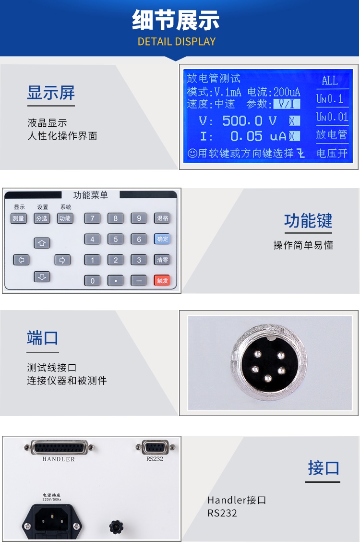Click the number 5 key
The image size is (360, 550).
pos(116,239)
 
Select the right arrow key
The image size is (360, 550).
pos(62,260)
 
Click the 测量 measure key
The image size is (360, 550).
pos(19,218)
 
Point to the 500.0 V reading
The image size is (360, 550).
pos(250,120)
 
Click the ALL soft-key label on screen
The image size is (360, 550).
pos(330,81)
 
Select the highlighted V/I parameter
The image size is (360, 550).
pos(286,104)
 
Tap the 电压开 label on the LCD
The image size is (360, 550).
pos(332,154)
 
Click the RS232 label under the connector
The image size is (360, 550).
pos(155,458)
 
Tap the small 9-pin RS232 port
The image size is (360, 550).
pos(155,447)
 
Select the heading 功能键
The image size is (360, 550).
pos(308,221)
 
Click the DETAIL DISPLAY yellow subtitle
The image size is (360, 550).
pos(177,41)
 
